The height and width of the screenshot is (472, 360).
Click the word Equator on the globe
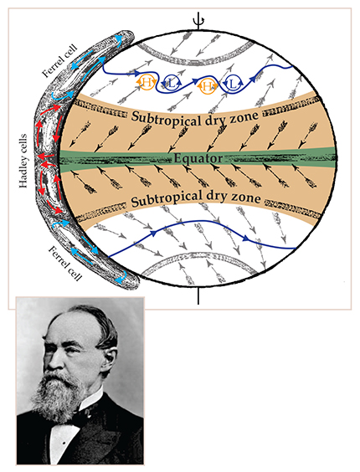[x=198, y=158]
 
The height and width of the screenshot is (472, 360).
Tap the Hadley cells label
[x=23, y=161]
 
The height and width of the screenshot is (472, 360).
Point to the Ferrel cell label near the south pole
[x=64, y=263]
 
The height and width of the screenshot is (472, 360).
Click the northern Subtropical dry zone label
[x=194, y=118]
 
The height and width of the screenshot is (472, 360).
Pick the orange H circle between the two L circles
[x=206, y=86]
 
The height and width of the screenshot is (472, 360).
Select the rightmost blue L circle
[x=234, y=84]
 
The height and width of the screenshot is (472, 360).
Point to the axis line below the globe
[x=198, y=295]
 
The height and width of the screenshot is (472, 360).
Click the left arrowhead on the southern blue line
[x=154, y=233]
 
